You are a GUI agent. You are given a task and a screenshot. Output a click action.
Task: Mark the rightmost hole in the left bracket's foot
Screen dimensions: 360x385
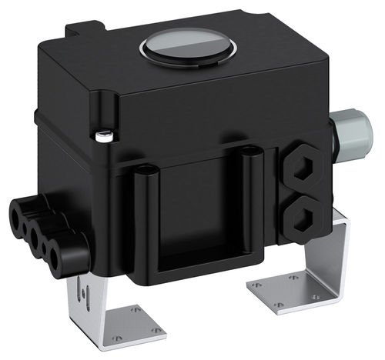157,330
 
